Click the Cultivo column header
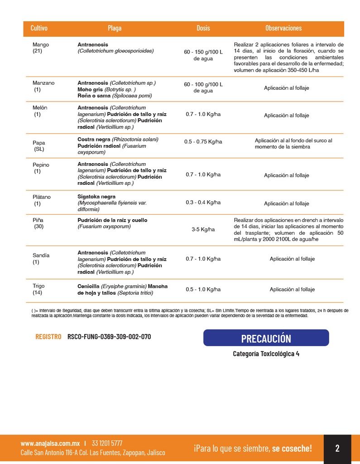point(39,28)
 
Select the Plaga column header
point(115,28)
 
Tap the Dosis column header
point(203,28)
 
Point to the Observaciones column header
point(283,28)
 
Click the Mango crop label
point(41,45)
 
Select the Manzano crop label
point(43,83)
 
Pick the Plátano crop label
point(42,197)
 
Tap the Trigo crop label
point(38,286)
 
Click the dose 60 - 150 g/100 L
point(203,52)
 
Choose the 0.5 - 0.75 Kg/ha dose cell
point(203,142)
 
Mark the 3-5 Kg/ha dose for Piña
point(203,230)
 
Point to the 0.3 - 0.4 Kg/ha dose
point(203,203)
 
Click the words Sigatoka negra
point(96,197)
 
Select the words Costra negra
point(94,140)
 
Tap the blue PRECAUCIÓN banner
point(266,338)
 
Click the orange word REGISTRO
point(48,337)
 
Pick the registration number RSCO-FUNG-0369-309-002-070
point(109,337)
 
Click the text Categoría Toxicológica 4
point(266,354)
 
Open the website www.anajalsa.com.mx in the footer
point(50,444)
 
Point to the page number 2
point(337,449)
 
